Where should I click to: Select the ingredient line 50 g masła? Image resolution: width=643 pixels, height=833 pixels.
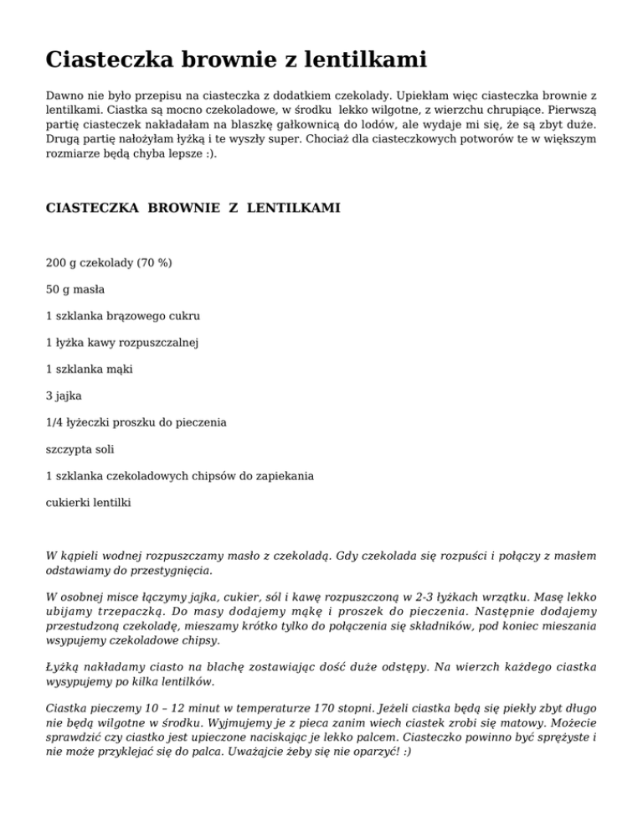[75, 289]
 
